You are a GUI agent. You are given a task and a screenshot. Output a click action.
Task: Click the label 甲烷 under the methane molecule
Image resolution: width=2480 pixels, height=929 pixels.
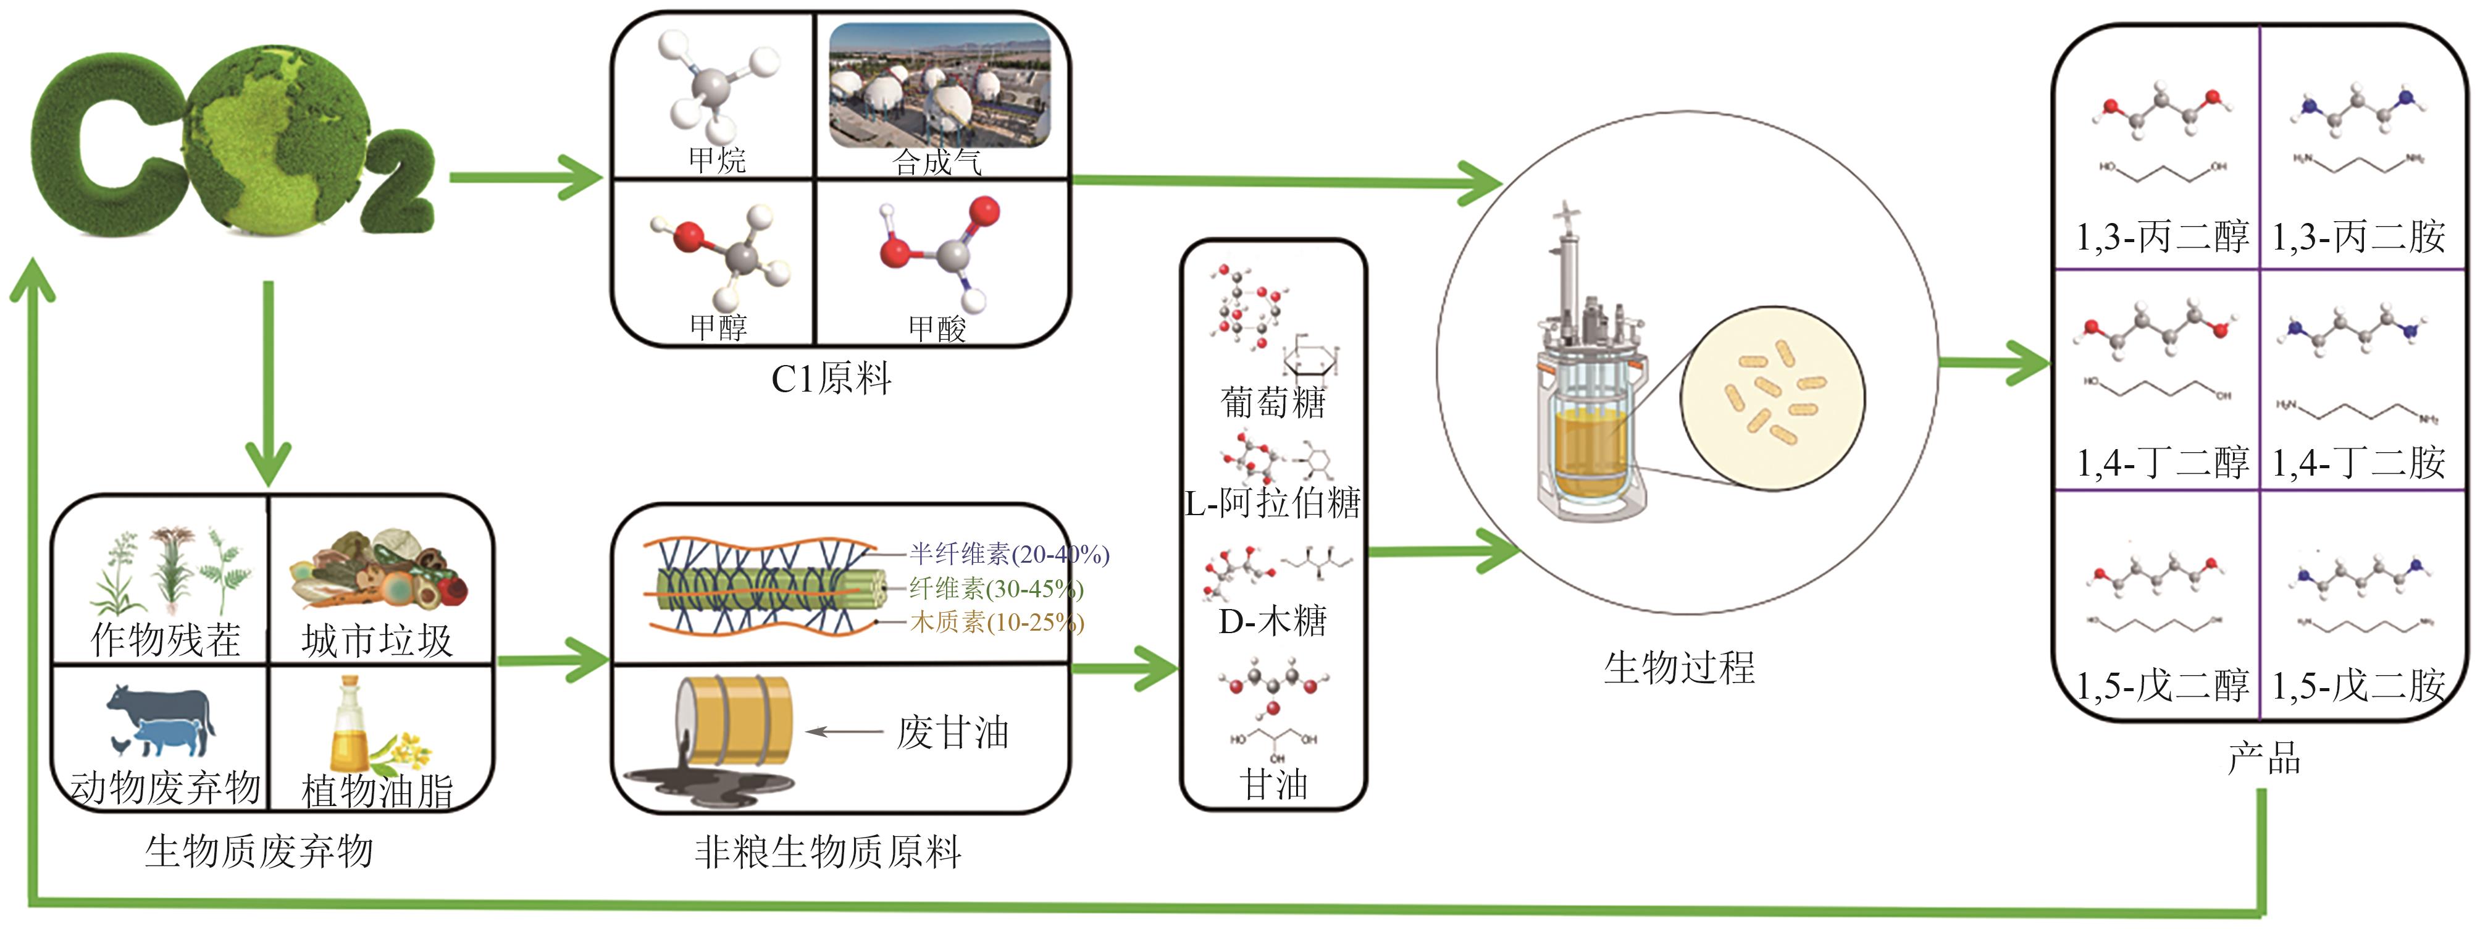717,160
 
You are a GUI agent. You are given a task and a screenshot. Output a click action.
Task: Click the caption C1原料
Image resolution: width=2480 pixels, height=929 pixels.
831,379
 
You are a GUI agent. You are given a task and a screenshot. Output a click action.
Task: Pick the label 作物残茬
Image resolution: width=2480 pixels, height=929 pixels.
165,639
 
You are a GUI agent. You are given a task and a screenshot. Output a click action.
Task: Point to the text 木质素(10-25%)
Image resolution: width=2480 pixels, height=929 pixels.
997,622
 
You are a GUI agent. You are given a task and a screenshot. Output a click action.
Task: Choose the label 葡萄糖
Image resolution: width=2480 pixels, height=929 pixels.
1273,402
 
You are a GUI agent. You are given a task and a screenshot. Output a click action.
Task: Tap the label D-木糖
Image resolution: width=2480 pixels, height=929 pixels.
1273,621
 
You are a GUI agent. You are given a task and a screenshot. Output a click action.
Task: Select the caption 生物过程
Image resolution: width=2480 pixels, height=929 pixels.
1679,667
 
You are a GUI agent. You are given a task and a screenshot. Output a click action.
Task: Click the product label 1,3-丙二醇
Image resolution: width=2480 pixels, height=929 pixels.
2161,236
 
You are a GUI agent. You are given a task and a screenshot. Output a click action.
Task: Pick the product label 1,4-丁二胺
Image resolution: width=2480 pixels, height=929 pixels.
2359,463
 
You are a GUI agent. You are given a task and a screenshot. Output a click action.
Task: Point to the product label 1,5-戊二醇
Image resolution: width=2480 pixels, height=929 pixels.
2161,686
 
